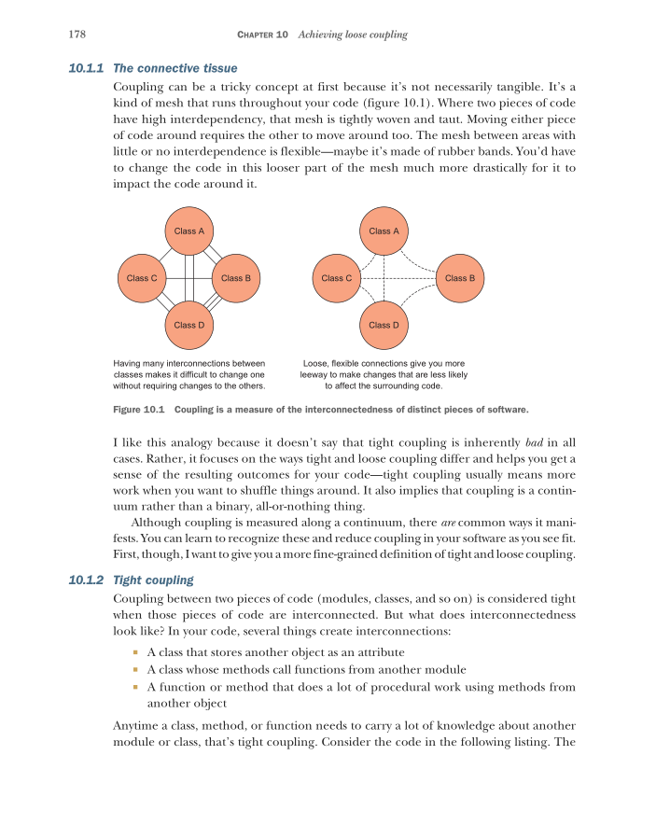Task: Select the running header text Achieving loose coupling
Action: pos(353,35)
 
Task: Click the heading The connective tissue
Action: pos(174,68)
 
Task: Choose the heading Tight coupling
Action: pos(152,580)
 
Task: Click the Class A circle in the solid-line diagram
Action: pos(189,231)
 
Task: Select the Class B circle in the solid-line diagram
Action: pos(236,278)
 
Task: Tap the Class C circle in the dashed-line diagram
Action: pos(337,278)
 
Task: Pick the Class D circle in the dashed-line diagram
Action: pos(384,325)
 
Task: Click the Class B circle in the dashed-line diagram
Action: pos(460,278)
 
